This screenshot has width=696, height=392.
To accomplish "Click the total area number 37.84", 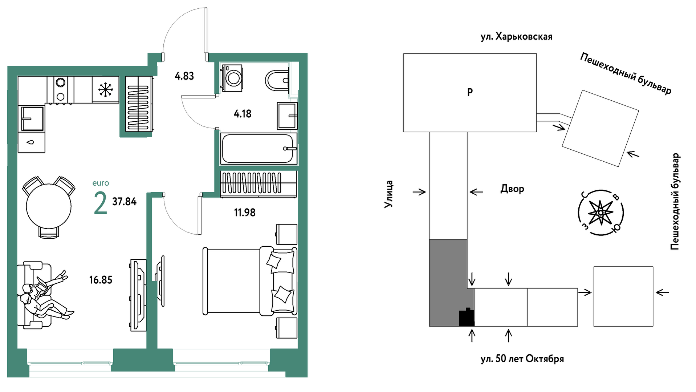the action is (124, 202).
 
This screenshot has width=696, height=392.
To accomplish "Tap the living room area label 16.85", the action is (101, 280).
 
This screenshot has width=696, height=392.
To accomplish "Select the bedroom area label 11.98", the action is (244, 213).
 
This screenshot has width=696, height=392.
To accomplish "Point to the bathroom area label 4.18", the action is (243, 114).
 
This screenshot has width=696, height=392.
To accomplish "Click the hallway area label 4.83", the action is (184, 76).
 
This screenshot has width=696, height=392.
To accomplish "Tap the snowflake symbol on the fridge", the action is (106, 89).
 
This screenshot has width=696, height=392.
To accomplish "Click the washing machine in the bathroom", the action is (231, 77).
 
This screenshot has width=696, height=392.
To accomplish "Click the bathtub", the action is (259, 149).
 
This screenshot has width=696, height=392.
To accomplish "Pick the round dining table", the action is (49, 206).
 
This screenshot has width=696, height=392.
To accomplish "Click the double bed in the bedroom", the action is (250, 281).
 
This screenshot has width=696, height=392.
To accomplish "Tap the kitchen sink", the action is (33, 118).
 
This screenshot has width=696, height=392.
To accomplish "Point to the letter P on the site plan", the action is (470, 92).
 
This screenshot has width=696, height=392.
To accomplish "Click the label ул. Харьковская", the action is (516, 37).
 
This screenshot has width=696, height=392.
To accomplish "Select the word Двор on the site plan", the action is (512, 189).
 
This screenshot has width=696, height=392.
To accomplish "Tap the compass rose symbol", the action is (601, 213).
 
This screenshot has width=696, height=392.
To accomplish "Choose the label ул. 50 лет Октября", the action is (522, 359).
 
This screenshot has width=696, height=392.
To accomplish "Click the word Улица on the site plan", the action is (389, 194).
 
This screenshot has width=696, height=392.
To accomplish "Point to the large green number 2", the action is (101, 203).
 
